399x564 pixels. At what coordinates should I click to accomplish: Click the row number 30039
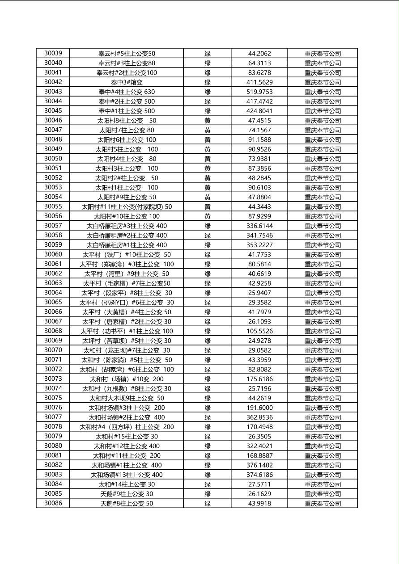[53, 53]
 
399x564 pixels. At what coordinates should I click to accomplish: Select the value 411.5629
[259, 82]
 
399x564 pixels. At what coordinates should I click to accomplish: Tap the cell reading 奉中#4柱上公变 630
[127, 92]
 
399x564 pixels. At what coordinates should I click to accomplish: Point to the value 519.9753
[259, 92]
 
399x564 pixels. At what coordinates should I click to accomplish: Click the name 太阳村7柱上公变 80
[127, 130]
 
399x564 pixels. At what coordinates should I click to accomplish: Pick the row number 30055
[53, 206]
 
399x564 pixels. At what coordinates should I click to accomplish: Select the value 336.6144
[259, 226]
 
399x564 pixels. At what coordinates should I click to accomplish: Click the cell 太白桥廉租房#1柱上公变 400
[127, 245]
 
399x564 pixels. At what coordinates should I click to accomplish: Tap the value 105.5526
[259, 331]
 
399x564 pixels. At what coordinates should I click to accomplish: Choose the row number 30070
[53, 350]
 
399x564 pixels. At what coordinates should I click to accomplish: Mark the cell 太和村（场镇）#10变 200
[127, 379]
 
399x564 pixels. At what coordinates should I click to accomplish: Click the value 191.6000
[259, 408]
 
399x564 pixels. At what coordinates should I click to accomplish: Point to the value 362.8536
[259, 417]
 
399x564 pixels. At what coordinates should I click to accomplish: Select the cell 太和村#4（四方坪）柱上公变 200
[127, 427]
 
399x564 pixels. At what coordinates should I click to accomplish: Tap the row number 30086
[53, 503]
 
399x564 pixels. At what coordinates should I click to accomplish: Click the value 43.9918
[259, 503]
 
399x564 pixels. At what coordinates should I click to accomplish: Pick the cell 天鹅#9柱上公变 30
[127, 494]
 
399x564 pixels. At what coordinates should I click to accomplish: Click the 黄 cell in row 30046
[208, 120]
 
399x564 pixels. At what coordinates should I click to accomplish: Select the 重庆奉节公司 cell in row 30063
[323, 283]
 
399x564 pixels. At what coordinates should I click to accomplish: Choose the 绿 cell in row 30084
[208, 484]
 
